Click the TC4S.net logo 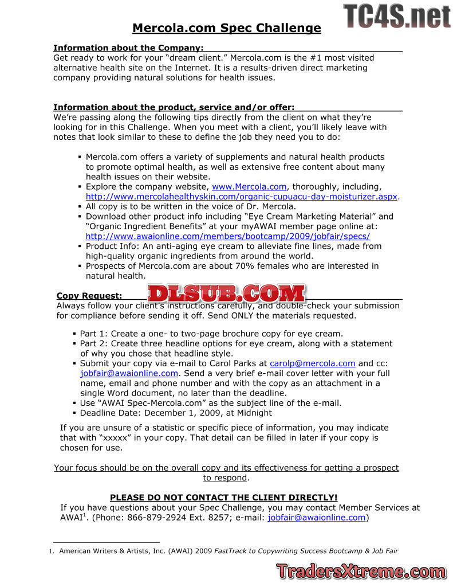[397, 17]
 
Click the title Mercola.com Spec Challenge [226, 28]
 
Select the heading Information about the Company [128, 48]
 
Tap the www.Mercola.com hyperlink [249, 187]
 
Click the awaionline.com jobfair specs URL [228, 236]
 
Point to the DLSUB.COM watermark [226, 293]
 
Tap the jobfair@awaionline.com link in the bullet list [129, 373]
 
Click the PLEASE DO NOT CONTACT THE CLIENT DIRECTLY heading [224, 498]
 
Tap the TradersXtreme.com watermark [361, 571]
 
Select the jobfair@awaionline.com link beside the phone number [316, 518]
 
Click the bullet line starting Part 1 [211, 334]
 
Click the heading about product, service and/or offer [174, 107]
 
